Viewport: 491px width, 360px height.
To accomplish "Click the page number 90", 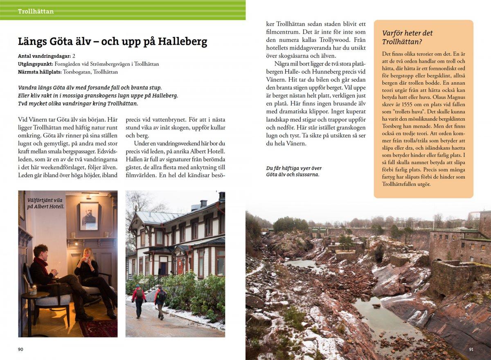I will click(x=21, y=349).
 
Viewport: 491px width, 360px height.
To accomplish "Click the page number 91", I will click(x=471, y=349).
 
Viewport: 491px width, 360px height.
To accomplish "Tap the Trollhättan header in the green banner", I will click(x=36, y=11).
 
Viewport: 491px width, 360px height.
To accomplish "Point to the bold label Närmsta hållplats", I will click(x=40, y=72).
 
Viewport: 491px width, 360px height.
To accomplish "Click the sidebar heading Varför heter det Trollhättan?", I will click(x=407, y=37).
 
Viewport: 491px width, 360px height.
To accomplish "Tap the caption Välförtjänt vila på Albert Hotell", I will click(x=45, y=203).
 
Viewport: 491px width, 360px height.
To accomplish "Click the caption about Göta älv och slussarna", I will click(x=293, y=171).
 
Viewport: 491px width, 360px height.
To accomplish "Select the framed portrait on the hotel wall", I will click(x=89, y=216).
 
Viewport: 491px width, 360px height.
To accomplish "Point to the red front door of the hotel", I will click(x=180, y=266).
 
